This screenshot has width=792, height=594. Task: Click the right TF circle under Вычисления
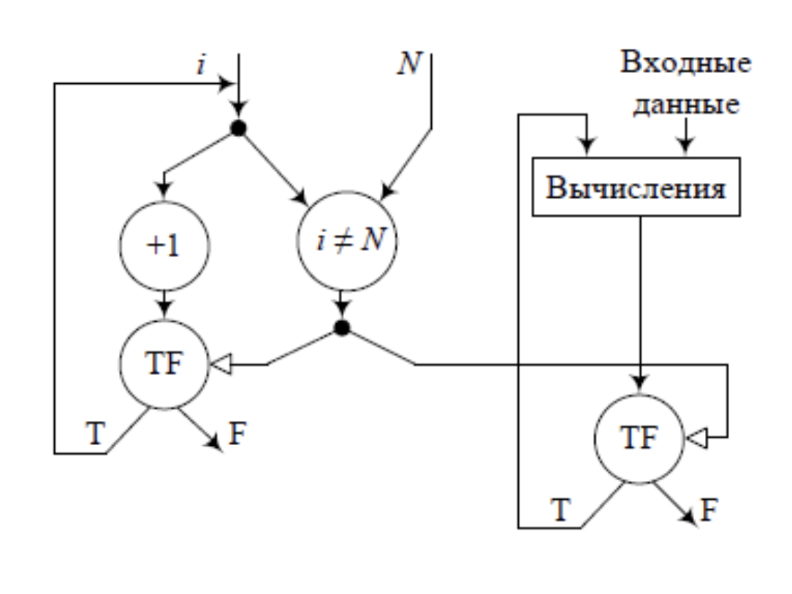[x=639, y=438]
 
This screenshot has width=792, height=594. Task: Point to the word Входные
[x=685, y=63]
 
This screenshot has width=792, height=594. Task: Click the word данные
[x=685, y=106]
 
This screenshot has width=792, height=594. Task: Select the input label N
[x=408, y=64]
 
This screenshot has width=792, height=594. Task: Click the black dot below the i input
[x=238, y=128]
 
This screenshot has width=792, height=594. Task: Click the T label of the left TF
[x=95, y=433]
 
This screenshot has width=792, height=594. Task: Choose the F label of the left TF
[x=237, y=433]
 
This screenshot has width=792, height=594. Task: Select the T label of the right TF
[x=560, y=509]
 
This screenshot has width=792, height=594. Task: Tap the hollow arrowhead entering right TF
[x=694, y=438]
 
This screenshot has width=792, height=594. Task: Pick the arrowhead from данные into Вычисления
[x=685, y=148]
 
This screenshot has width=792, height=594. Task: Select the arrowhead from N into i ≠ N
[x=385, y=193]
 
